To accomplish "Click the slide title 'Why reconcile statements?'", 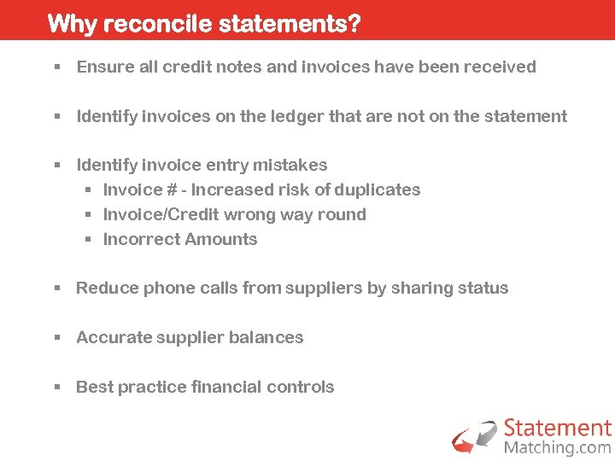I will (x=203, y=23).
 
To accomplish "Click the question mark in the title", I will (x=353, y=23).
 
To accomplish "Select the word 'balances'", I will (x=271, y=337).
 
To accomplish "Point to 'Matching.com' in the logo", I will (x=557, y=447).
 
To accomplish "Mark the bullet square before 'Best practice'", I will (x=57, y=387).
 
